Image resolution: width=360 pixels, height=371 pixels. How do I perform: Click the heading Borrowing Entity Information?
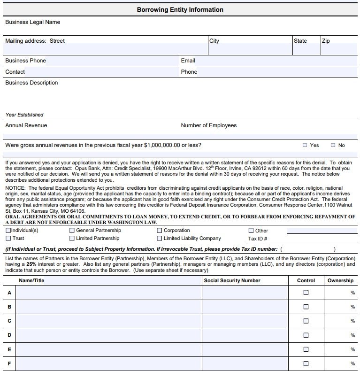180,9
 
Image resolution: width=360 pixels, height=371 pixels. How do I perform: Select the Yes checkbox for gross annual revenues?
305,146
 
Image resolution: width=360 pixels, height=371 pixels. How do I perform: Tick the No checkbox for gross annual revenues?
333,146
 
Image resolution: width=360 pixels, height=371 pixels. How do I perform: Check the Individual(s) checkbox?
8,231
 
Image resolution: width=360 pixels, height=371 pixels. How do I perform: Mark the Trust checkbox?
8,239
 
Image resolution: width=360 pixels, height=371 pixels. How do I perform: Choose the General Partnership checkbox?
72,231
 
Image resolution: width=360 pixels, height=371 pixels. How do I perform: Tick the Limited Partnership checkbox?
72,239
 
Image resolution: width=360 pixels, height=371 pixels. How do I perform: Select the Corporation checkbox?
160,231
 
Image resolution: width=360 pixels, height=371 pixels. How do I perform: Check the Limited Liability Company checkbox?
160,239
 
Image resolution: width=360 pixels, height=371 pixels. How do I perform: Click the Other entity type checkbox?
251,231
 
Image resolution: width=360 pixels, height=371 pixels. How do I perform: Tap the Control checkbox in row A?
306,293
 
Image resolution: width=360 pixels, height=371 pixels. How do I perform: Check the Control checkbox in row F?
306,363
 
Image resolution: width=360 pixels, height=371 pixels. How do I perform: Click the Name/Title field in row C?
109,321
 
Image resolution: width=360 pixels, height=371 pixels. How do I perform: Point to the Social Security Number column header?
232,280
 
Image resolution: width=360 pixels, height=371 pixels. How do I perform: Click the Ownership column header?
340,280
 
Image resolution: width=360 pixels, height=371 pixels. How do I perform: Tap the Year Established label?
24,115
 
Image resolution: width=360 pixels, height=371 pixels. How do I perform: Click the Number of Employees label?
208,125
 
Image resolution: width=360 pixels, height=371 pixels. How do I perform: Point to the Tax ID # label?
257,239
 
